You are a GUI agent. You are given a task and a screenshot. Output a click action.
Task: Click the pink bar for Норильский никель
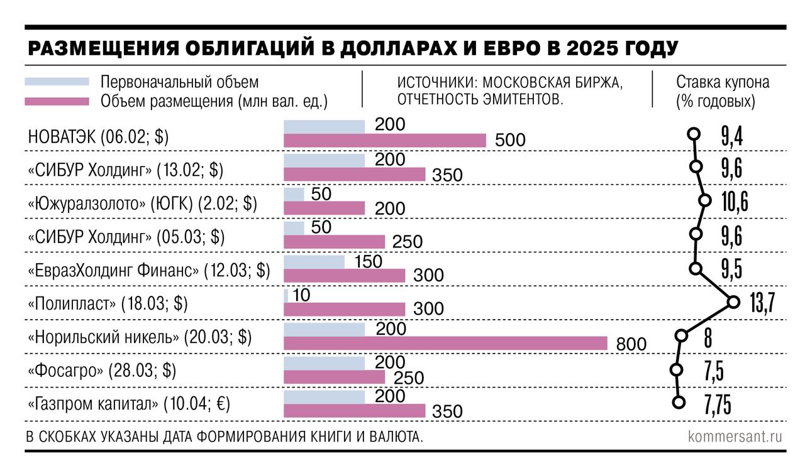coord(445,343)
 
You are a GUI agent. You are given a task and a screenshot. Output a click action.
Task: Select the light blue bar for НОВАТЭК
coord(324,126)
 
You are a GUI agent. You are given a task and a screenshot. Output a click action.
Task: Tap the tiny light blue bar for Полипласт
coord(286,296)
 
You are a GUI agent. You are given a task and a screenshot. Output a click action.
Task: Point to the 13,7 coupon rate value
coord(762,303)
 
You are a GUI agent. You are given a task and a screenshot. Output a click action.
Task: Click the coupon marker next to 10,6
coord(704,200)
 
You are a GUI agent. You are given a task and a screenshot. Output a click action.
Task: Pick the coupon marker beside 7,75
coord(678,403)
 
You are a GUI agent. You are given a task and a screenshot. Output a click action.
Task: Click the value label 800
coord(631,344)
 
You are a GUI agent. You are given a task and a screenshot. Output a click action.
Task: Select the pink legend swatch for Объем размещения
coord(57,101)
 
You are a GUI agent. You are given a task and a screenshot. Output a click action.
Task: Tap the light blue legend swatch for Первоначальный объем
coord(57,82)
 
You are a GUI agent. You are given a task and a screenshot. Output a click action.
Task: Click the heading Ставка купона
coord(723,82)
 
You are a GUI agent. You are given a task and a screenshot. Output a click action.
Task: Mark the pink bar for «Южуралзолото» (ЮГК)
coord(324,208)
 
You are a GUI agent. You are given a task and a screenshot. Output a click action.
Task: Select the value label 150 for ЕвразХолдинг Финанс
coord(368,262)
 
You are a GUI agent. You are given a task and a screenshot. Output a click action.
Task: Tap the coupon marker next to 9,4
coord(694,133)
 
